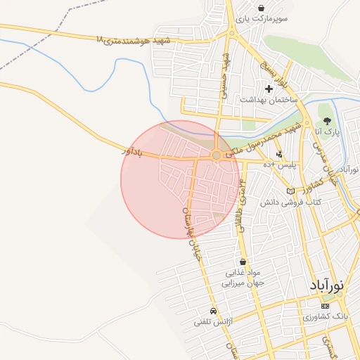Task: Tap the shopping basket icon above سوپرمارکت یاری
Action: tap(261, 8)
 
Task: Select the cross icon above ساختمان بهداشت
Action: tap(268, 89)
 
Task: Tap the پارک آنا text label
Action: tap(327, 132)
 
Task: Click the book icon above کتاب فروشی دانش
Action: tap(291, 191)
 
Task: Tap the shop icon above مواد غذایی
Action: tap(243, 262)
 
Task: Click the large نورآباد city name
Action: tap(327, 286)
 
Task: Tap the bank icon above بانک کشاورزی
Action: tap(324, 307)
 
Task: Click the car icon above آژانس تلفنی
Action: tap(213, 311)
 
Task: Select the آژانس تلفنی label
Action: tap(214, 323)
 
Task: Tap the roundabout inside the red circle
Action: tap(217, 155)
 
